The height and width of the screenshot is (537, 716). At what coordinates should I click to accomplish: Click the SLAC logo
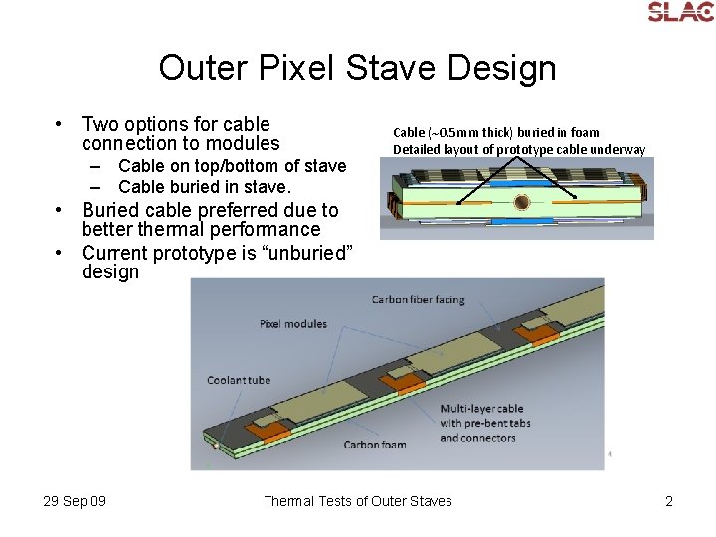click(x=680, y=12)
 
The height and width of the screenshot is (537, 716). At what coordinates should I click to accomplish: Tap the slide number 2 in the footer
click(x=669, y=501)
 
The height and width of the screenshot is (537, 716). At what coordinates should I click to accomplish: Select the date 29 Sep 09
click(x=75, y=501)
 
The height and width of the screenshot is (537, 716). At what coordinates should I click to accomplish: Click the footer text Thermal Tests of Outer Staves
click(x=357, y=501)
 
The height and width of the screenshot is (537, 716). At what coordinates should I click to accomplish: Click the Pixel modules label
click(x=293, y=324)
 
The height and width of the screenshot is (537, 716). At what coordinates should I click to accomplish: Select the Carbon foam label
click(x=375, y=445)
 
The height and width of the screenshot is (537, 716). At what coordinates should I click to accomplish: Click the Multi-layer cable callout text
click(x=481, y=423)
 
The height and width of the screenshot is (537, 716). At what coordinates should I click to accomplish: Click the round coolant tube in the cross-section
click(x=521, y=202)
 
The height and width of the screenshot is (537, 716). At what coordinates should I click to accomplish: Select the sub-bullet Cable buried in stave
click(x=204, y=187)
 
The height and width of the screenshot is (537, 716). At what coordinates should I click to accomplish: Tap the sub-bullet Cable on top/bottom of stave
click(x=232, y=166)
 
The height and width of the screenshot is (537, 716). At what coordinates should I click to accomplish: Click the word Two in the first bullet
click(x=98, y=124)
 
